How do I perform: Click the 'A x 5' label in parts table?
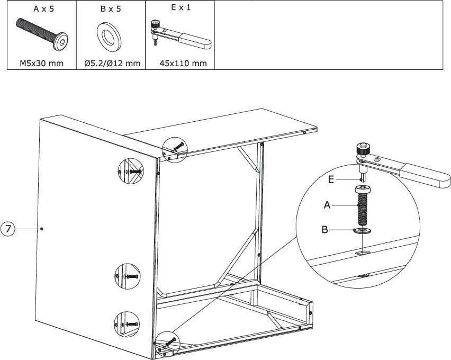(44, 9)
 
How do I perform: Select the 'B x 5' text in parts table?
(111, 9)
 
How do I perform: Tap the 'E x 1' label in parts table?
(181, 7)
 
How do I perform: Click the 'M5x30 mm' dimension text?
(41, 64)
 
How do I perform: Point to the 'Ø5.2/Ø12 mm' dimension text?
(112, 64)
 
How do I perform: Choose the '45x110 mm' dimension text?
(183, 64)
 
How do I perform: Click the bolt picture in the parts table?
(42, 34)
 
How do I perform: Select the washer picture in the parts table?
(109, 37)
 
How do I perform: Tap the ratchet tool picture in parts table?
(181, 34)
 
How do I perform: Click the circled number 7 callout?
(8, 229)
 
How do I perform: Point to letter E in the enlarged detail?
(331, 180)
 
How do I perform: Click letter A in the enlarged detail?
(327, 205)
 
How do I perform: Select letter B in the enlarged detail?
(324, 230)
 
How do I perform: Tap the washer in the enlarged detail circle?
(363, 230)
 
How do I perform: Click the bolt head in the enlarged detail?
(363, 190)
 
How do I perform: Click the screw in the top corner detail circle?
(178, 147)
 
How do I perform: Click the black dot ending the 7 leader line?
(42, 229)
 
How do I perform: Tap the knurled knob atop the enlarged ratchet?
(363, 149)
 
